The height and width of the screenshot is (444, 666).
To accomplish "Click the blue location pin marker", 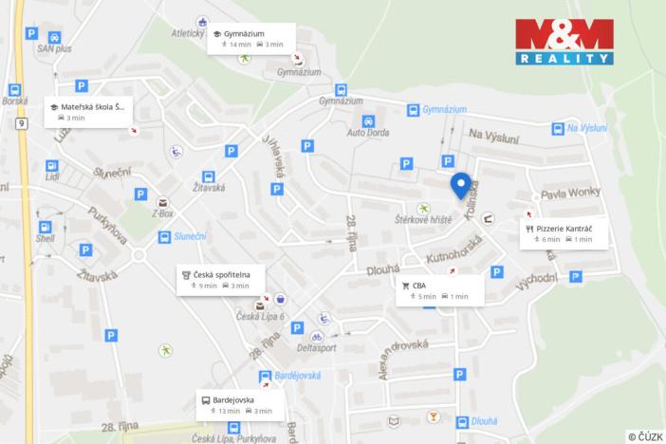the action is pos(460,186).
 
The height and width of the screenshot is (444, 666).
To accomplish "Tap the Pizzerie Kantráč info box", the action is pos(564,233).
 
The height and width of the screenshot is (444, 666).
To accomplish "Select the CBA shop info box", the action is pos(441,290).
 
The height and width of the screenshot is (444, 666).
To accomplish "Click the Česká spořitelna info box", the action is pos(222,279).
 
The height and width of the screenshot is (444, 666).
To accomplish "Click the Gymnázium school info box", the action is pos(252,38).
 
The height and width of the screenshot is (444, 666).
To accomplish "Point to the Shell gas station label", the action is pos(46,240).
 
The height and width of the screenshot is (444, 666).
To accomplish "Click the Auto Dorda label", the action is pos(367,135).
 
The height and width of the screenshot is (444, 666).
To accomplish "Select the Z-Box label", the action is pos(163,213).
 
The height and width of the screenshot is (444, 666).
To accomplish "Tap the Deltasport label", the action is pos(317,348).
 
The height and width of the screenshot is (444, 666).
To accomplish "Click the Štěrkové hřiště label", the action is pos(423,219).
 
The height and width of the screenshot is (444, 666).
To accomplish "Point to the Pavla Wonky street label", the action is pos(565,195).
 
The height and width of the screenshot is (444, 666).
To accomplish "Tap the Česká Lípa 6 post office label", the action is pos(260,317).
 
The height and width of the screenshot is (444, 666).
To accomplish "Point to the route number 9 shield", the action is pos(21,123).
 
